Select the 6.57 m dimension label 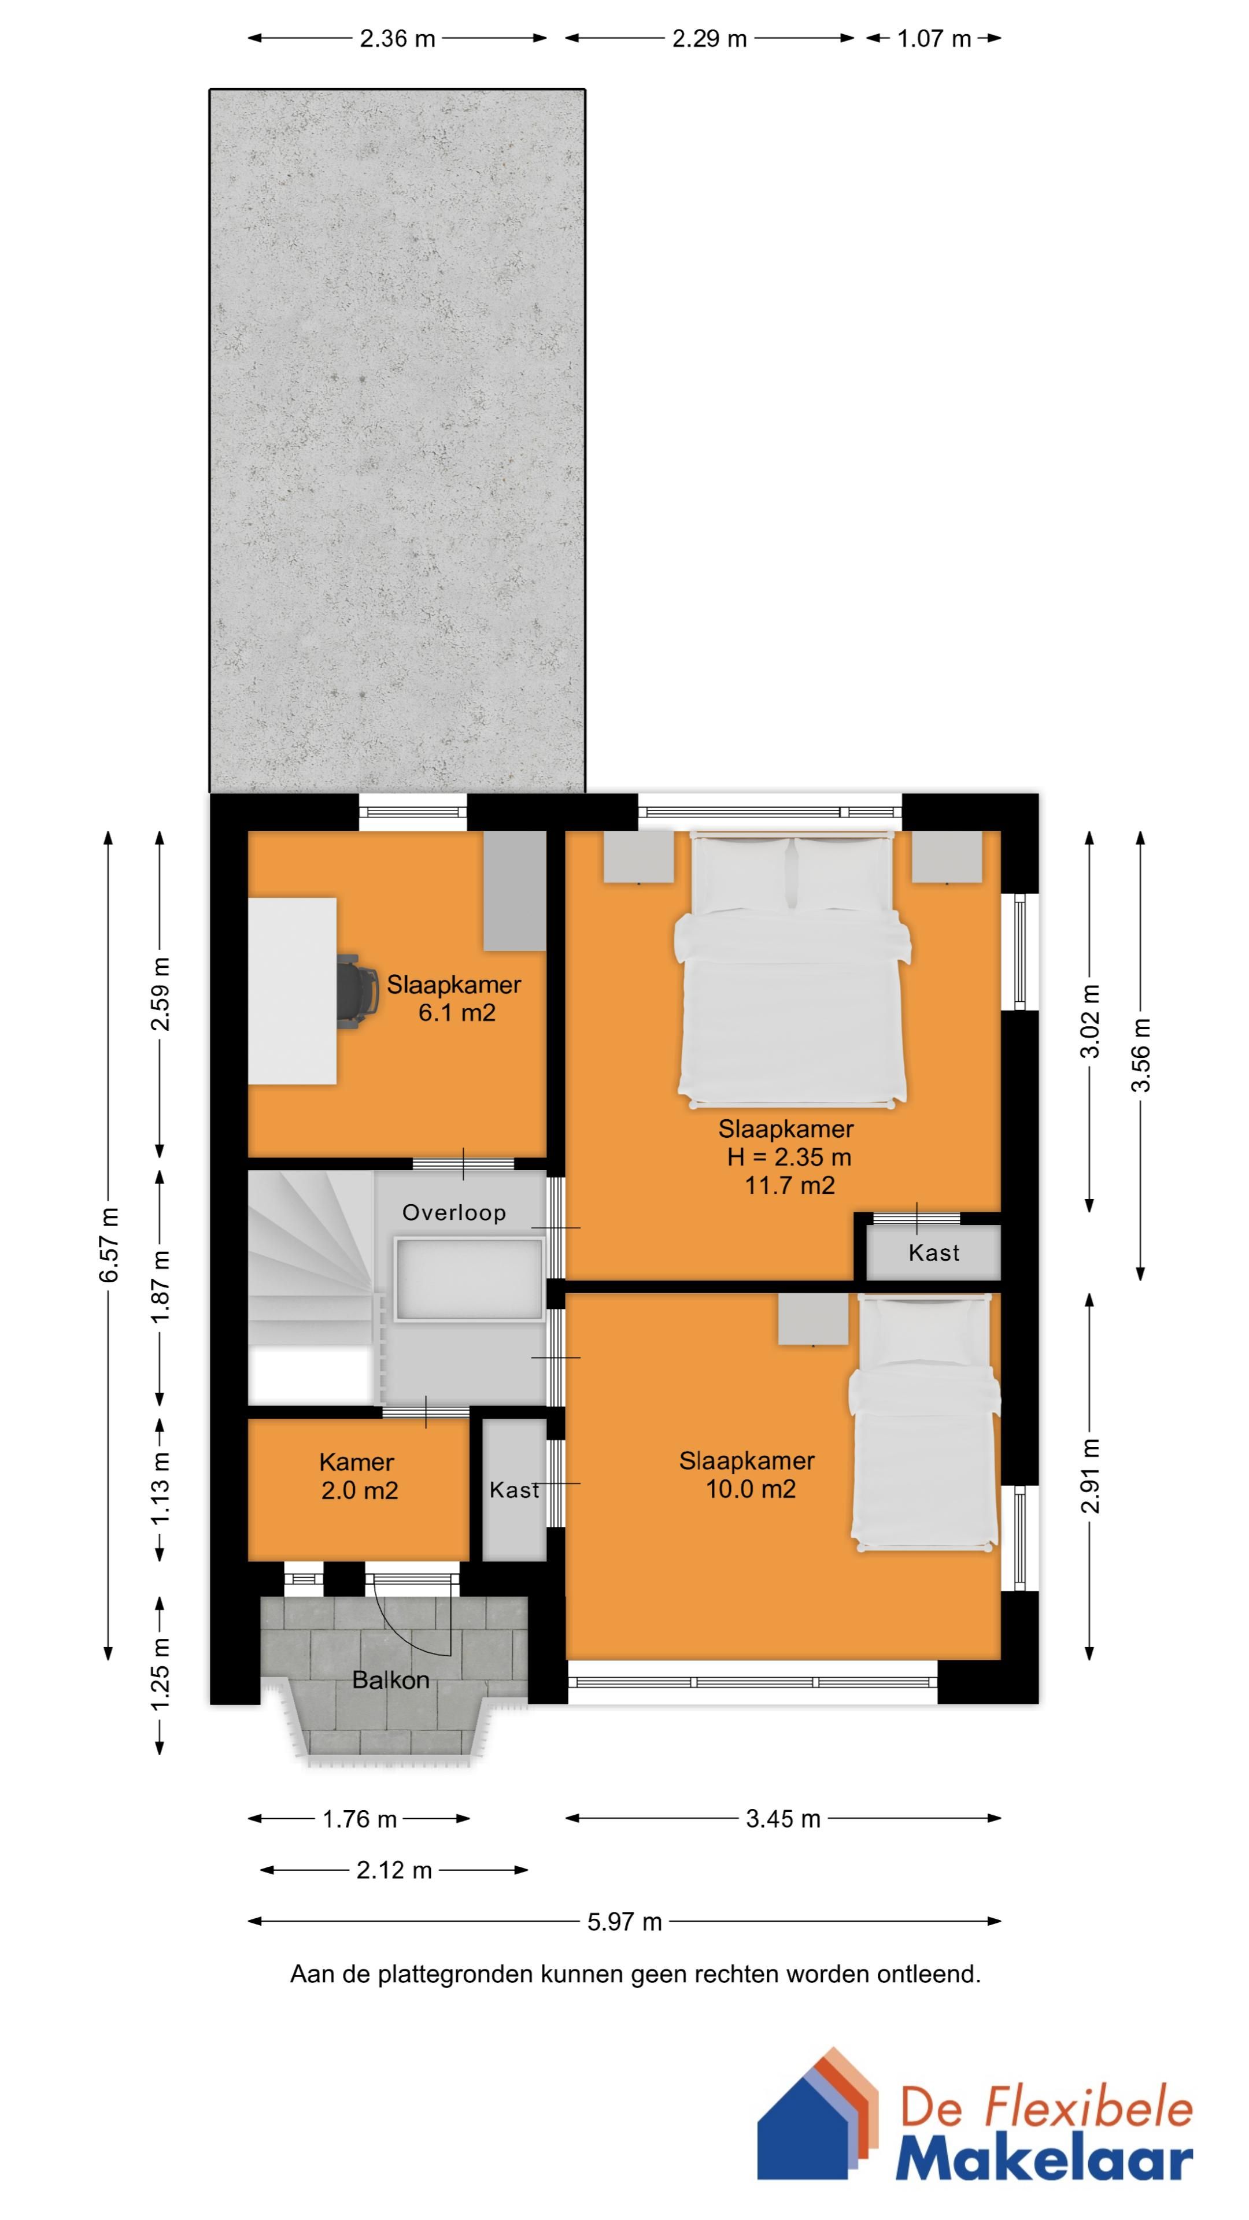coord(109,1245)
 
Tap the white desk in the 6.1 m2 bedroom coord(292,990)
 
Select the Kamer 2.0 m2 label coord(358,1477)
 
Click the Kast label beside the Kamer coord(515,1489)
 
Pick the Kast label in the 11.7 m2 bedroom coord(933,1252)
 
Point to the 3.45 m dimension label coord(783,1818)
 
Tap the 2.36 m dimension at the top coord(397,38)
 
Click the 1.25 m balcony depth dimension coord(160,1674)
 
